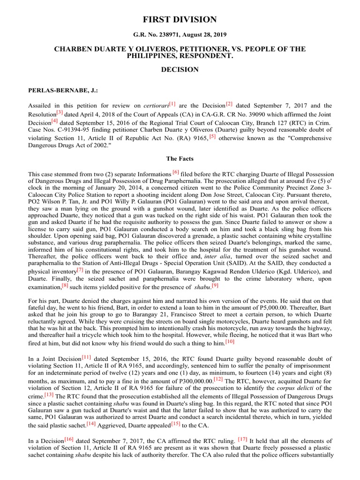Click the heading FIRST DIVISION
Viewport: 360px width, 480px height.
[180, 20]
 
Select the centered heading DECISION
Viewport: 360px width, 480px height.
[180, 69]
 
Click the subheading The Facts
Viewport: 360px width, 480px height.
[180, 158]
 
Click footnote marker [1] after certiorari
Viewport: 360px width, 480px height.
[172, 104]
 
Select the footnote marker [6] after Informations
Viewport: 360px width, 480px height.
[176, 172]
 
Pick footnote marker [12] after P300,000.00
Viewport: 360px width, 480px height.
[218, 378]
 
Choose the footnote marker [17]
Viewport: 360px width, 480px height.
[242, 439]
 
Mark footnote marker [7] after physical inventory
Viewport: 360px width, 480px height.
[80, 270]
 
